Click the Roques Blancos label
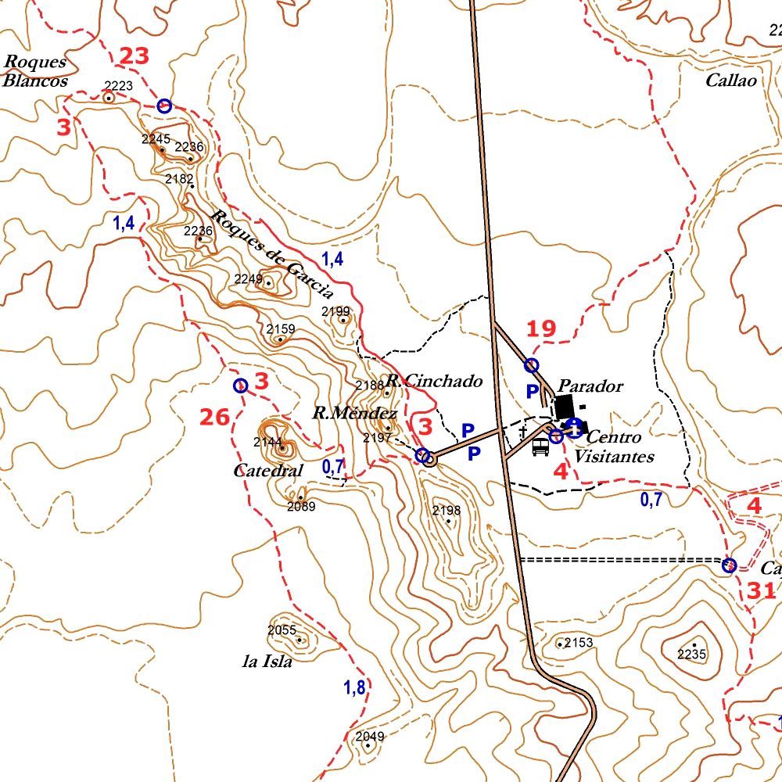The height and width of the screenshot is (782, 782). click(x=35, y=71)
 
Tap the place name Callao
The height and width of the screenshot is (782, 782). click(x=730, y=81)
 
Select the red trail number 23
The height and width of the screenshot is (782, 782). click(x=134, y=56)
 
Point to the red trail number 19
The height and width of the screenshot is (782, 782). click(x=541, y=328)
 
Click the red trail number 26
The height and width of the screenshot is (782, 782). click(x=214, y=418)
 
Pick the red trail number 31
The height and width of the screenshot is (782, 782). click(x=761, y=591)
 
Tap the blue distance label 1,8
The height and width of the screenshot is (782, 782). click(x=354, y=688)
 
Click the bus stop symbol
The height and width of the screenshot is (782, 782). click(x=540, y=447)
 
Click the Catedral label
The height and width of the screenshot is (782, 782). click(x=267, y=472)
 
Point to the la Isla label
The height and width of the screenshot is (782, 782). click(x=267, y=662)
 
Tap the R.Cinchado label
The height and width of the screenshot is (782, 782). click(x=434, y=382)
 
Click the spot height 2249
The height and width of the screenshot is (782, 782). click(x=249, y=279)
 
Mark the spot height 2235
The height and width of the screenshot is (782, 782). click(x=691, y=655)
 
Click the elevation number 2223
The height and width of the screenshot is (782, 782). click(x=119, y=86)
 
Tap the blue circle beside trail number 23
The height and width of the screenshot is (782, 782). click(x=164, y=106)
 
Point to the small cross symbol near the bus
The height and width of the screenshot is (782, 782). click(x=522, y=431)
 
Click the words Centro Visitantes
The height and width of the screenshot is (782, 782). click(x=614, y=447)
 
